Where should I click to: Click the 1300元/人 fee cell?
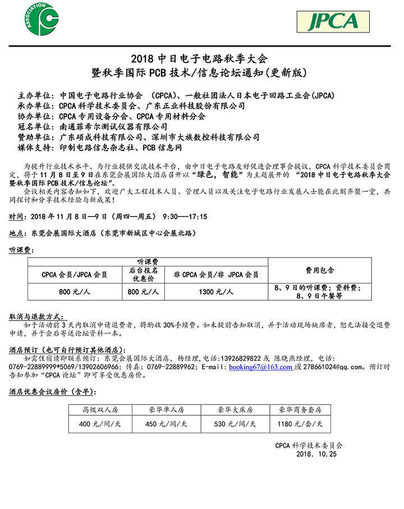(x=216, y=291)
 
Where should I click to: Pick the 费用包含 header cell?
(x=320, y=270)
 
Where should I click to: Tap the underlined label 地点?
(x=17, y=233)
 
